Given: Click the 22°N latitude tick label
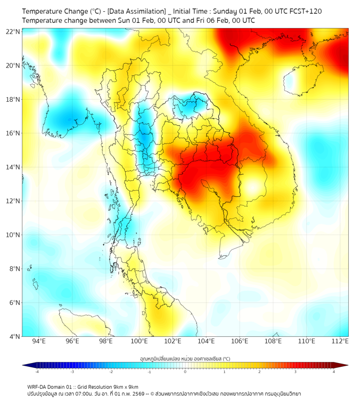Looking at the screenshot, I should point(13,31).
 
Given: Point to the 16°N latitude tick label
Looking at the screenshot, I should point(13,133).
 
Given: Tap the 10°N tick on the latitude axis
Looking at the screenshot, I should point(13,235).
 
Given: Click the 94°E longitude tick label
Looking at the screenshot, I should point(39,341).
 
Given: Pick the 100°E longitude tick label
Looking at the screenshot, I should point(139,341).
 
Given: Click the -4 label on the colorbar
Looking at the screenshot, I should point(36,372).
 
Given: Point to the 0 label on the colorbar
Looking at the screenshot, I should point(185,372).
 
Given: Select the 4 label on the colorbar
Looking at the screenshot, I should point(334,372).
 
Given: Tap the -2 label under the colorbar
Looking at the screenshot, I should point(111,372).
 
